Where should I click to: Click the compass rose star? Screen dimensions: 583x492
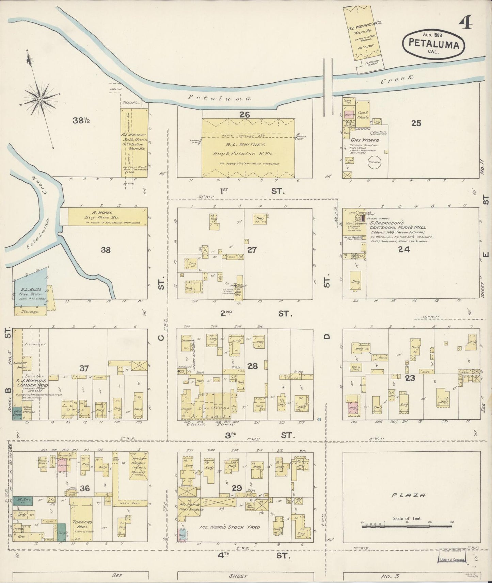tap(40, 99)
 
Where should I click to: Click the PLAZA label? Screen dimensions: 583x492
tap(411, 496)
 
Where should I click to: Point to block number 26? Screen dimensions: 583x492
tap(244, 115)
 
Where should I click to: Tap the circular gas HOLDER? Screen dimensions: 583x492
tap(374, 162)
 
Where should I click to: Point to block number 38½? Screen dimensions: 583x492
tap(81, 120)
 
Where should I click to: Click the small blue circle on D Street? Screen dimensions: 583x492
tap(319, 419)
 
